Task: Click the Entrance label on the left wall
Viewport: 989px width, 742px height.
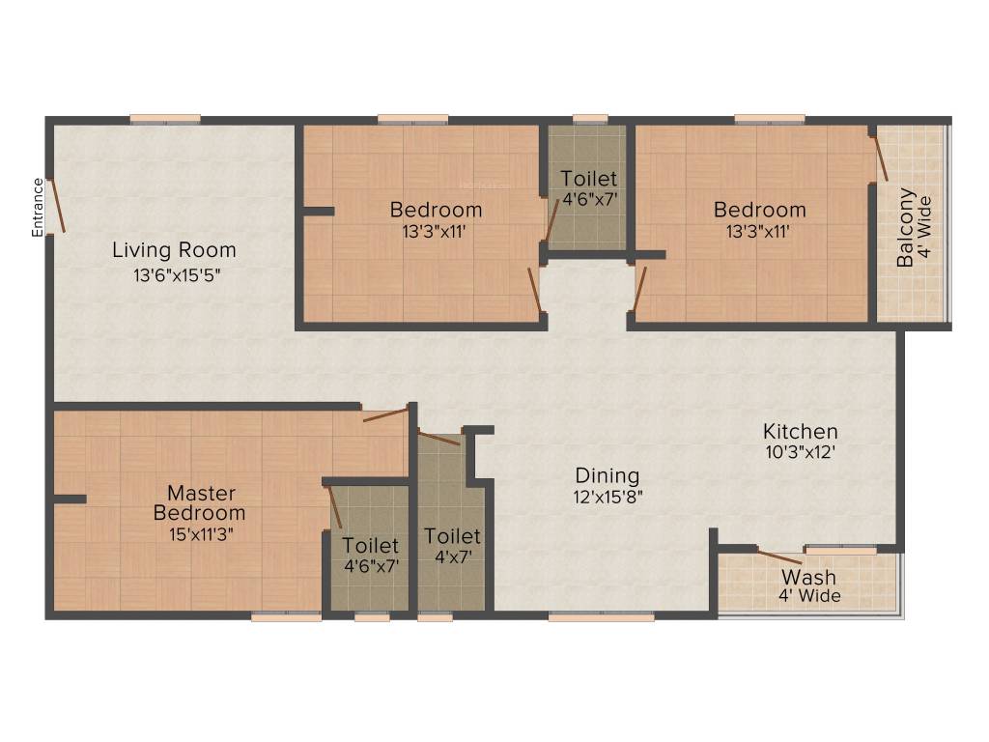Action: tap(38, 208)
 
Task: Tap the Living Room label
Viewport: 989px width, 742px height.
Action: tap(174, 250)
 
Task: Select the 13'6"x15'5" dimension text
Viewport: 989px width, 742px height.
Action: tap(177, 275)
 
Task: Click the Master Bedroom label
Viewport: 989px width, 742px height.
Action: tap(200, 502)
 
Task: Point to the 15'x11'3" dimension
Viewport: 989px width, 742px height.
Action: tap(201, 534)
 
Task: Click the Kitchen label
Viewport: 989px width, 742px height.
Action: tap(801, 432)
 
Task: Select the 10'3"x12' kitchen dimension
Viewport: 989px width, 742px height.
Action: tap(801, 452)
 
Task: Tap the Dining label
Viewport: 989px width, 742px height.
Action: tap(608, 475)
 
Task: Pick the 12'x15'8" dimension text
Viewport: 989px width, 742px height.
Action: tap(608, 497)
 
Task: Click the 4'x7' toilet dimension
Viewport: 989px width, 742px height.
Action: tap(453, 557)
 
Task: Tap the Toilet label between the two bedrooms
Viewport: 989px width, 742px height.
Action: tap(589, 178)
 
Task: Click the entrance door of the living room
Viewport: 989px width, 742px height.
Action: tap(57, 206)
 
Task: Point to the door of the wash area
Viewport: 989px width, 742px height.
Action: tap(779, 557)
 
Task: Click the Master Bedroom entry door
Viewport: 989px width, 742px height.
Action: tap(385, 414)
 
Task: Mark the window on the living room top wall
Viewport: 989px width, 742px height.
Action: tap(165, 119)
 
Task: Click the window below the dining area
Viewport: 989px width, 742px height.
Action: tap(601, 616)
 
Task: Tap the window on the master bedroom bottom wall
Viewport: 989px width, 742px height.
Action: tap(286, 616)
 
